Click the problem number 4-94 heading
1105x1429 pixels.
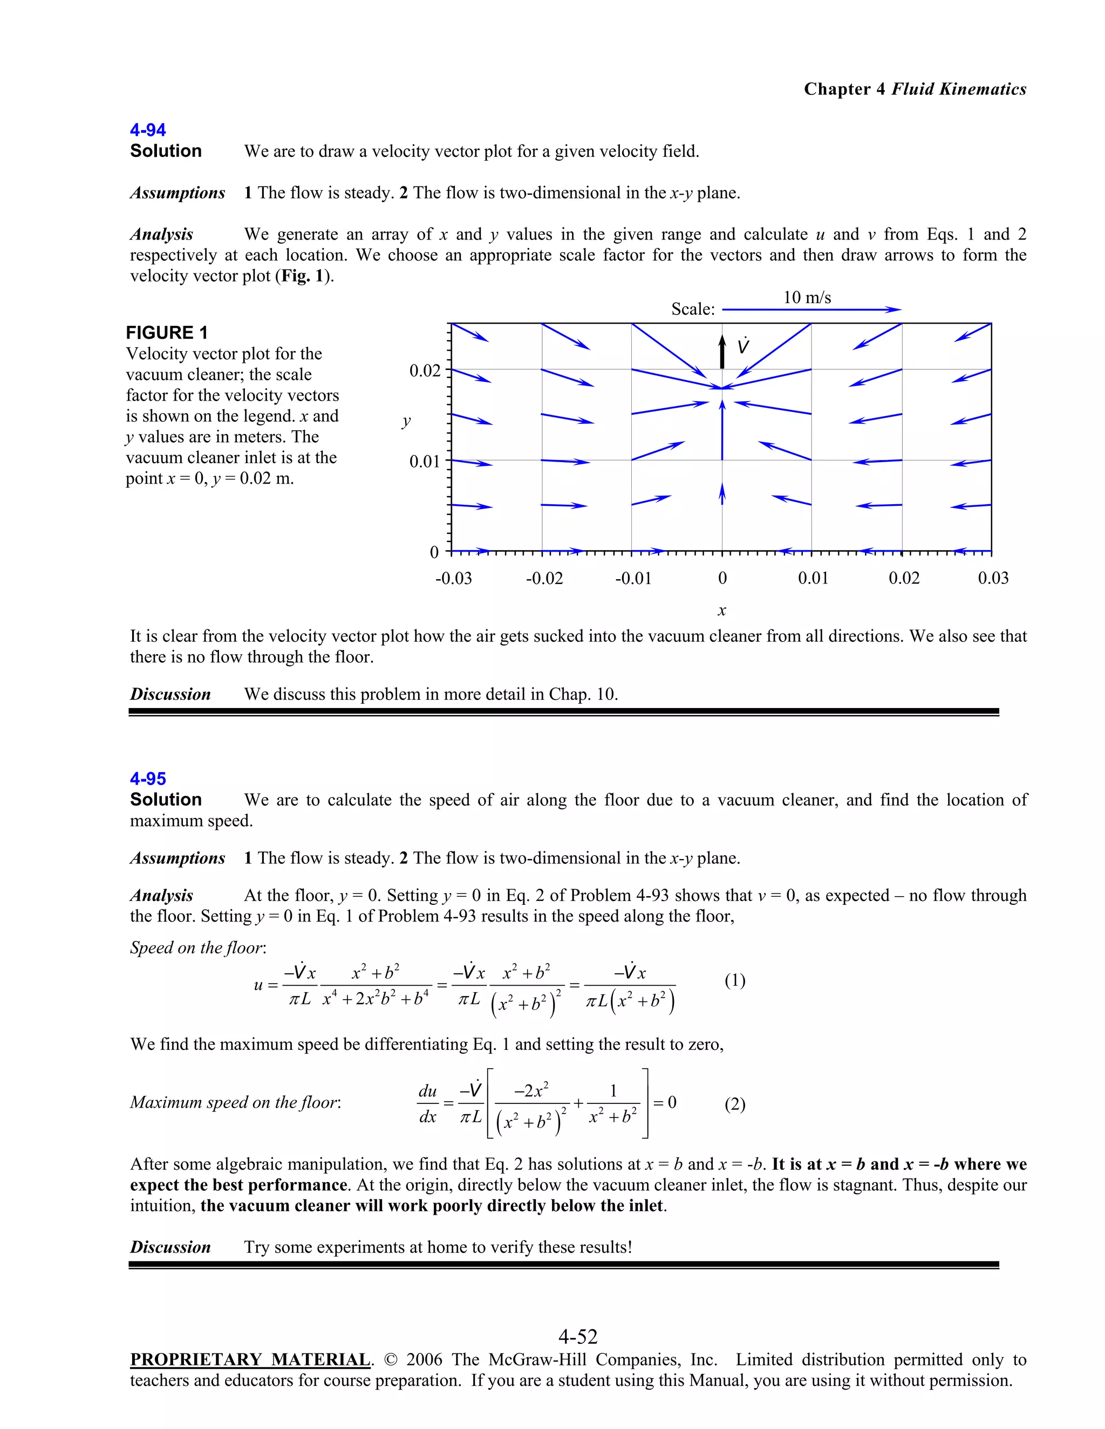point(147,129)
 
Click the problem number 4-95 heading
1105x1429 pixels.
point(147,779)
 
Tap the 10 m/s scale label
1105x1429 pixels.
point(807,298)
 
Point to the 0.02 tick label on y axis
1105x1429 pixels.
point(425,371)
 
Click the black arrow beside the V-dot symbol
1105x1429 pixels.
point(722,352)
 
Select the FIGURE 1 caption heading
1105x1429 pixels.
point(166,332)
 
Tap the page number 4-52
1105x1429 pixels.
point(577,1336)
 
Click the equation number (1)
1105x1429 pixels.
point(734,980)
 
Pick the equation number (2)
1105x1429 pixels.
point(734,1104)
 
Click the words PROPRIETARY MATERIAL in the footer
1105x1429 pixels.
point(250,1359)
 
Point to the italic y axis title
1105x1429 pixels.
point(406,421)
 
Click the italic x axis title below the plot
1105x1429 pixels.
point(721,611)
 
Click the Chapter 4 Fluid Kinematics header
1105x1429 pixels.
point(915,89)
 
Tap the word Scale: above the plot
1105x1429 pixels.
point(693,309)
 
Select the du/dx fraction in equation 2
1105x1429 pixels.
point(427,1104)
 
